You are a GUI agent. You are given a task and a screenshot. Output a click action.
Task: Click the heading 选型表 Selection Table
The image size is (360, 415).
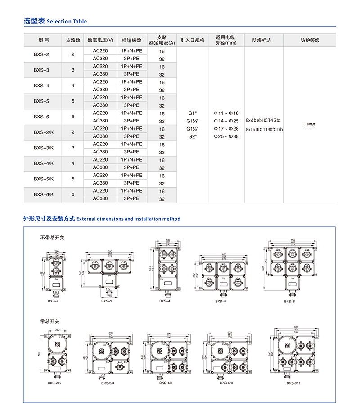(x=55, y=21)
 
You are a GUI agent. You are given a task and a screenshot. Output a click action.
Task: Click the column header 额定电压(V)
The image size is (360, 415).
(x=100, y=40)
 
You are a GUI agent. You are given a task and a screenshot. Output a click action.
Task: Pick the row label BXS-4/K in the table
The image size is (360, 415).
(x=44, y=163)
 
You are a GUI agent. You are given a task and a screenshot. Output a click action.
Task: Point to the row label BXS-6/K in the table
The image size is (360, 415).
(x=44, y=194)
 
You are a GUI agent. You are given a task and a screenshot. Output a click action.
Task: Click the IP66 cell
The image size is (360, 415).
(x=310, y=125)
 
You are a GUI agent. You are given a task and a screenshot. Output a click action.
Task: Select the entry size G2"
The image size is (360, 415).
(x=193, y=136)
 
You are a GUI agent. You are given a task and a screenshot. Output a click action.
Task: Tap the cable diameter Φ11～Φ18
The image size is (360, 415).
(x=226, y=113)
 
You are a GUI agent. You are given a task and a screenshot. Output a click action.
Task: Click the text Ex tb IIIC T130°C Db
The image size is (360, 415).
(x=264, y=130)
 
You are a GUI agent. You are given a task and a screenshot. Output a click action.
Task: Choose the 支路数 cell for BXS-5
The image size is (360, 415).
(x=73, y=101)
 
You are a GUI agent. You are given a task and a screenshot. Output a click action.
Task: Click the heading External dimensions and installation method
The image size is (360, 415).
(x=128, y=219)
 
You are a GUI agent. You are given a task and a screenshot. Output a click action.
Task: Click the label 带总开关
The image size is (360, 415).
(x=49, y=321)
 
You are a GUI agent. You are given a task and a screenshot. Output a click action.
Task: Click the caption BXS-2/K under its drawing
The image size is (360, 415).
(x=54, y=383)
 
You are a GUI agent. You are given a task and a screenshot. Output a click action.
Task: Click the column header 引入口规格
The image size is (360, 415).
(x=192, y=40)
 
